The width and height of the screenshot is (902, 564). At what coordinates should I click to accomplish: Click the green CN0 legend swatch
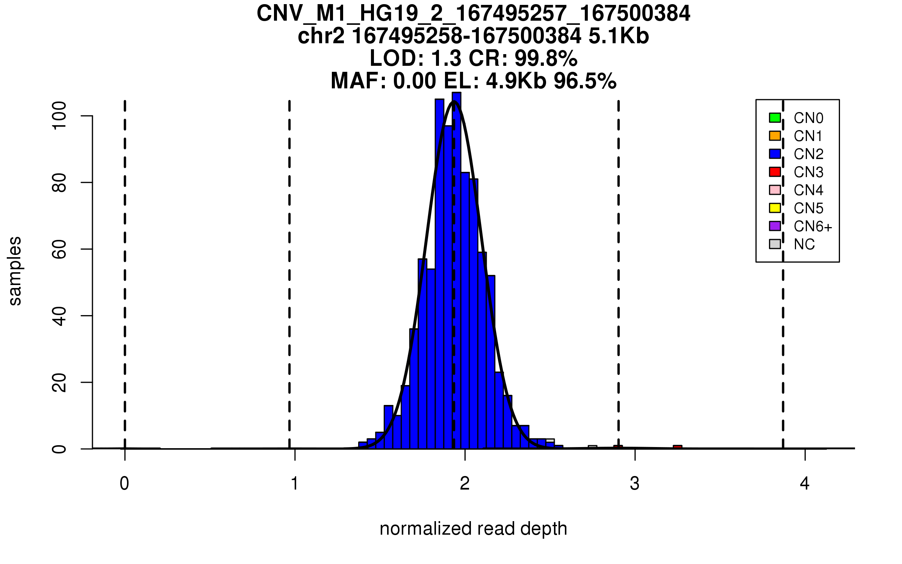775,118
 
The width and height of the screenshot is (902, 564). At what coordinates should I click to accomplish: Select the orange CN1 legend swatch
775,136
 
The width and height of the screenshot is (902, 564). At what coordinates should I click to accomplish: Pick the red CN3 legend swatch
775,172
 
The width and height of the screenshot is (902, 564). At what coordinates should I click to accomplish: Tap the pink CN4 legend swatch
775,190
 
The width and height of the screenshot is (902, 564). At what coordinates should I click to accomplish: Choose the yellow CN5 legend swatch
775,208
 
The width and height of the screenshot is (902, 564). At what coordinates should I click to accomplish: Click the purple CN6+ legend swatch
775,226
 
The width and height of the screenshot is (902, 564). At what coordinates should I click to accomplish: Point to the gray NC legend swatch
775,244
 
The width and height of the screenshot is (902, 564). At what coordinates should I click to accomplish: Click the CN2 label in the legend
808,154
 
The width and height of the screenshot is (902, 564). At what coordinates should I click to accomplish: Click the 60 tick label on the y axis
59,249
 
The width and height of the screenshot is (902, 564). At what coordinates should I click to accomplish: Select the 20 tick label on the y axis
59,382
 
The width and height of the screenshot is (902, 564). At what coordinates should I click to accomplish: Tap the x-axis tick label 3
635,484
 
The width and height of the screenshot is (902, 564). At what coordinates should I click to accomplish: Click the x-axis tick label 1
295,484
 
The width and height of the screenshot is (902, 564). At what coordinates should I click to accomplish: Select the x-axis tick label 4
805,484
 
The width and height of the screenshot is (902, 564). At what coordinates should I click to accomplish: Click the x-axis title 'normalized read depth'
473,529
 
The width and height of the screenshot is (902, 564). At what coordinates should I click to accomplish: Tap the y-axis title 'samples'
15,271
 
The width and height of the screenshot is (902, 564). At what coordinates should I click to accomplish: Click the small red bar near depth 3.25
677,447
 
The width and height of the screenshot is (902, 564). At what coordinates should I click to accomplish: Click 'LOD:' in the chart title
397,58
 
